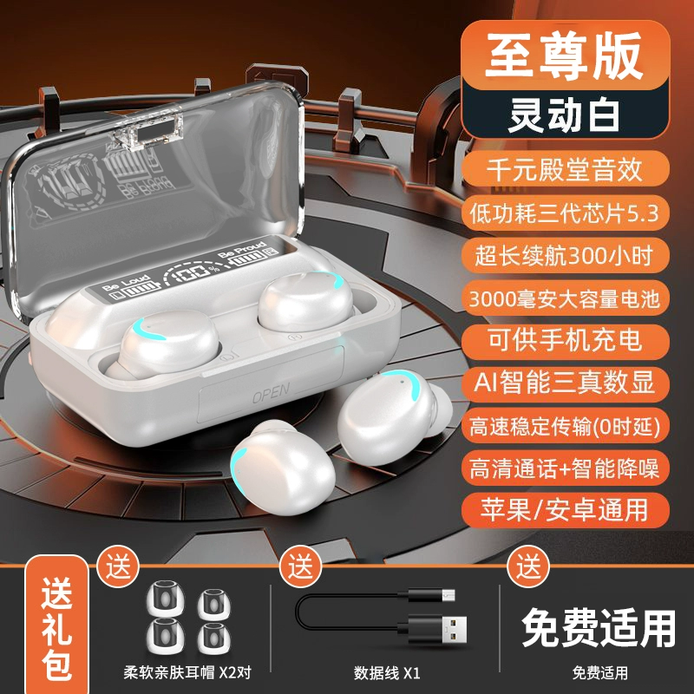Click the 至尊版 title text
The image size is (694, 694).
[x=564, y=56]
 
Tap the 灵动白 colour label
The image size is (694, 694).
[x=565, y=114]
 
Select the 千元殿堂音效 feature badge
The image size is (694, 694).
[x=566, y=168]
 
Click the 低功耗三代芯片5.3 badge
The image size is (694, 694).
[x=566, y=213]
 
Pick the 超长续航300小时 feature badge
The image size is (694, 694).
[x=566, y=255]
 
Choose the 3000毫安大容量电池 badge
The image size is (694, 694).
[x=566, y=298]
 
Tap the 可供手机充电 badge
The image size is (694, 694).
[x=566, y=341]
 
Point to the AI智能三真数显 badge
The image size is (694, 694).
[x=566, y=383]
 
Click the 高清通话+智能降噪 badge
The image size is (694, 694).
[x=566, y=468]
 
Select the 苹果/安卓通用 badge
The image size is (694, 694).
[x=566, y=510]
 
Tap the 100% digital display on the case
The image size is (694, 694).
[x=193, y=273]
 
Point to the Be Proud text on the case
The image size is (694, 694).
[x=243, y=249]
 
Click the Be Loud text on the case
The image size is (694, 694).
[x=126, y=283]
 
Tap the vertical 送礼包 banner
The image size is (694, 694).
[x=57, y=628]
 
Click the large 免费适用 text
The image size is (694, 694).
[x=599, y=627]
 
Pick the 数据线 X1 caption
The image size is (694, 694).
[x=386, y=674]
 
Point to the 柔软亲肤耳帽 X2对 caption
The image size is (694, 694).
[x=187, y=673]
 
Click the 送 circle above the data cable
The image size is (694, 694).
[x=300, y=566]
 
